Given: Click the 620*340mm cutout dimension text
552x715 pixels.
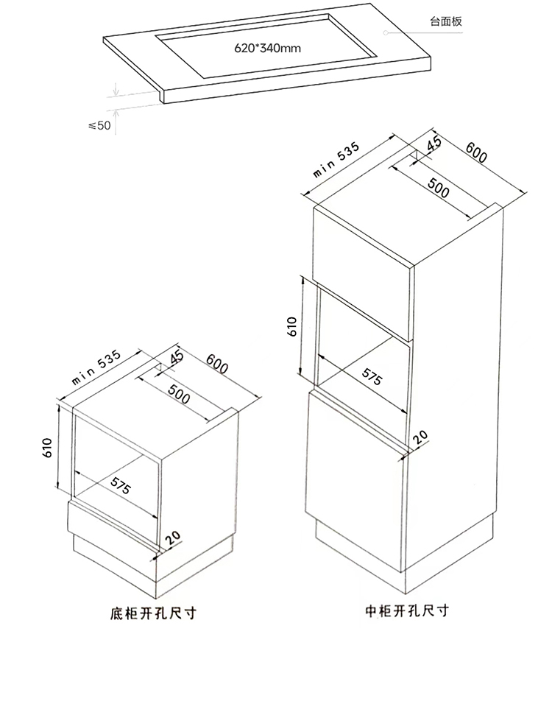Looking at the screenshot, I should click(x=268, y=48).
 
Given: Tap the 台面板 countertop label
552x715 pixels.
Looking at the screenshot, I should click(x=446, y=21).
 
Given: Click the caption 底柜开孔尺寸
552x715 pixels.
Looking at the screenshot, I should click(x=153, y=613).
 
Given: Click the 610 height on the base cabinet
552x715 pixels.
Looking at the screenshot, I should click(x=46, y=448).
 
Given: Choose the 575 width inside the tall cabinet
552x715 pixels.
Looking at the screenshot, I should click(x=372, y=376).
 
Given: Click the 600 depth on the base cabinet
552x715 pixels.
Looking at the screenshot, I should click(x=217, y=364).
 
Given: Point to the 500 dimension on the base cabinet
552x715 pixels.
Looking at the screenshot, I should click(x=179, y=394).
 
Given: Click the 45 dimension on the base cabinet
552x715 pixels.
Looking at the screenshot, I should click(x=175, y=357).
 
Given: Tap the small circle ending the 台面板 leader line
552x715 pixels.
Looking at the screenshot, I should click(x=386, y=32).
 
